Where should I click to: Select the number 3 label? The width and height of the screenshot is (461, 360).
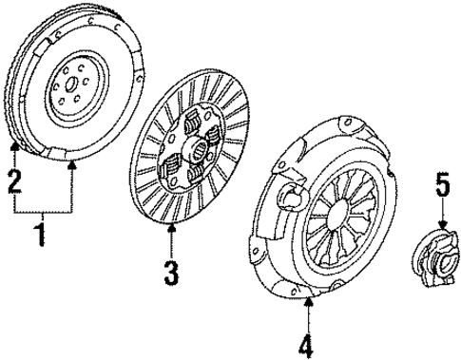(170, 274)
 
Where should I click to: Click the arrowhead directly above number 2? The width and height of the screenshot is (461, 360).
(14, 146)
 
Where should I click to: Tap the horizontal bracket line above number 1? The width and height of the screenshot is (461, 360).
(43, 211)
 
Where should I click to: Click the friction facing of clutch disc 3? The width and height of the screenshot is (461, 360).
(152, 190)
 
